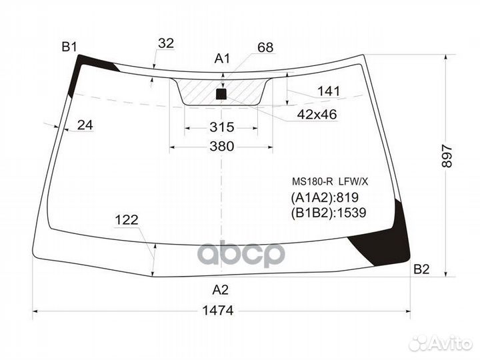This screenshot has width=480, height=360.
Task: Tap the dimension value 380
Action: [x=221, y=147]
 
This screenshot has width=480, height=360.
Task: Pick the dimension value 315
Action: [x=221, y=127]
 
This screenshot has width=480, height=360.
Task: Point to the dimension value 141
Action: [x=329, y=91]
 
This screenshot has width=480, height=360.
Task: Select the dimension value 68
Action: [x=265, y=47]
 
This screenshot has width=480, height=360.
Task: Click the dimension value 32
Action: [x=166, y=43]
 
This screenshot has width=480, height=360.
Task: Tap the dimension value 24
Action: [x=85, y=124]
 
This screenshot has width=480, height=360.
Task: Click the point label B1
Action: [x=69, y=47]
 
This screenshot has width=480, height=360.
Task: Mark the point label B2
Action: [x=421, y=269]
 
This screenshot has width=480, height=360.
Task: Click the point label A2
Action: [x=221, y=289]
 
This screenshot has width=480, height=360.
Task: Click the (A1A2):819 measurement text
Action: [x=324, y=197]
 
